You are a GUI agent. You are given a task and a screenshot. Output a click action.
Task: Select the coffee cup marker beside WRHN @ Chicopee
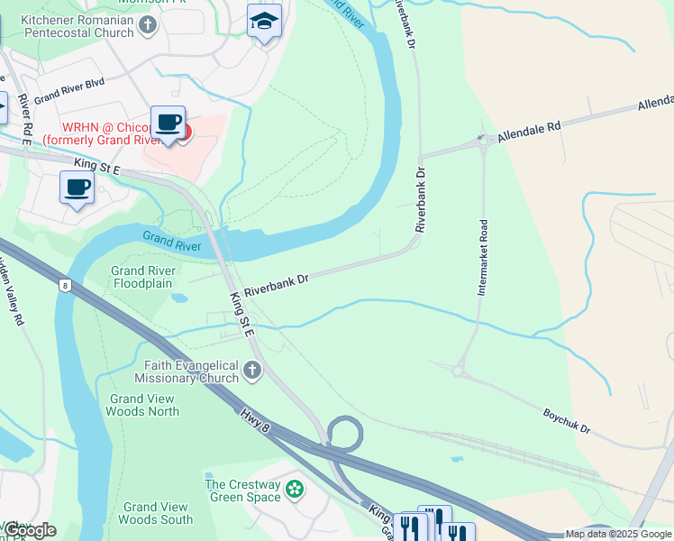pyautogui.click(x=168, y=124)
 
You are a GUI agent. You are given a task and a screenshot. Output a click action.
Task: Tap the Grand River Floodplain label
pyautogui.click(x=142, y=277)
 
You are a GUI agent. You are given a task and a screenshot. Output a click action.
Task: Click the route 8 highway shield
pyautogui.click(x=64, y=285)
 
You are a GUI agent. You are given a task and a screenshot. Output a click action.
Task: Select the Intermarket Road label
pyautogui.click(x=483, y=257)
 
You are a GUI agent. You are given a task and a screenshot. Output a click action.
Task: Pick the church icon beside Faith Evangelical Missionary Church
pyautogui.click(x=253, y=371)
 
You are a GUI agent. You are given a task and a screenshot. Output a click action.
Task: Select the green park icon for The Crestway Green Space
pyautogui.click(x=294, y=490)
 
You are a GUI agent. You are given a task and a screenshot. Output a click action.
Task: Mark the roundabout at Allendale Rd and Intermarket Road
pyautogui.click(x=484, y=140)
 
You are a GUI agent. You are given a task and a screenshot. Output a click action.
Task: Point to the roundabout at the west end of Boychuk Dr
pyautogui.click(x=459, y=370)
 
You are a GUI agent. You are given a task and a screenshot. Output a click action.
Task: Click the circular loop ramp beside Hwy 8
pyautogui.click(x=344, y=432)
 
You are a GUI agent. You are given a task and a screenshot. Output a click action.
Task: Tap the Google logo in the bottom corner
pyautogui.click(x=29, y=530)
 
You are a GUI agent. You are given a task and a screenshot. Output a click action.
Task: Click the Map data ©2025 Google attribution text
pyautogui.click(x=618, y=534)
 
